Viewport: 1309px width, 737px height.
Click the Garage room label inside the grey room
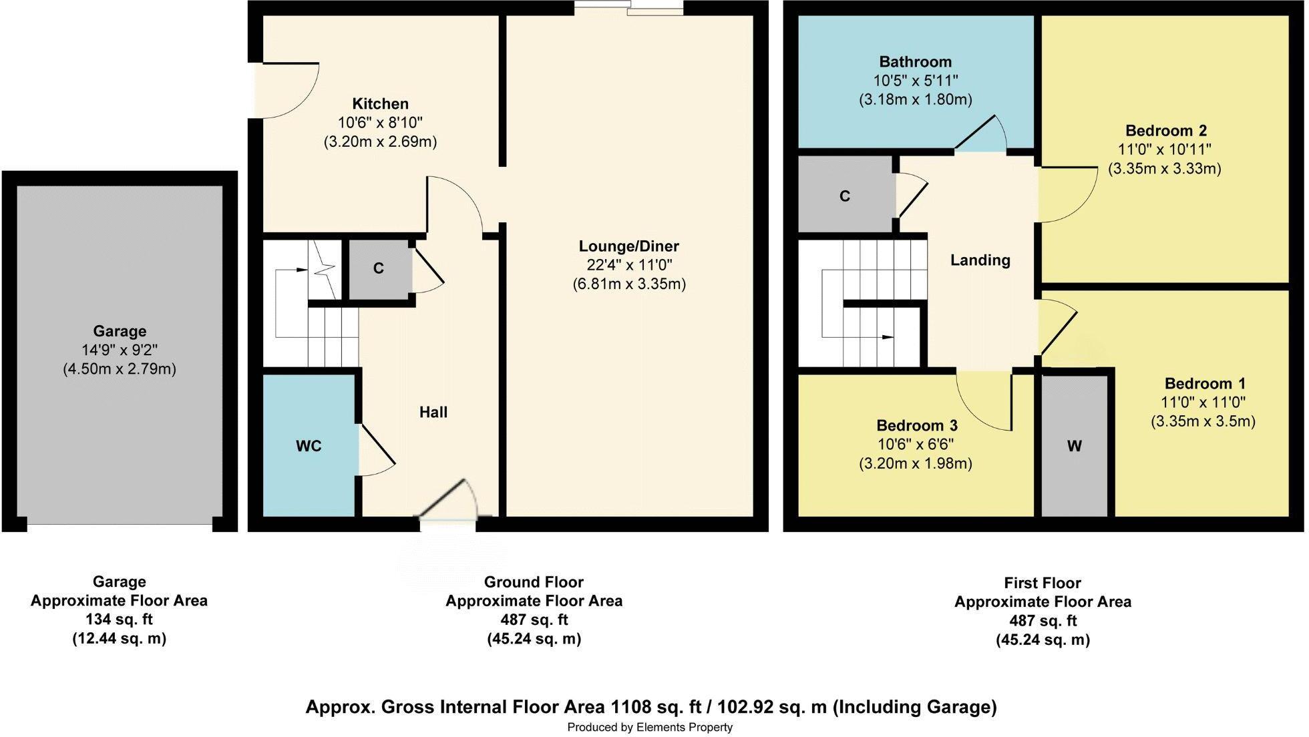pyautogui.click(x=120, y=331)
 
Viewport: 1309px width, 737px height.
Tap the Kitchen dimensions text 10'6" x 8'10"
pyautogui.click(x=380, y=123)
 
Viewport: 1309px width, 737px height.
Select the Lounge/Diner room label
pyautogui.click(x=628, y=246)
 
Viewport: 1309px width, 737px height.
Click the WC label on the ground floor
pyautogui.click(x=309, y=446)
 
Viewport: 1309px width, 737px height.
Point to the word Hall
pyautogui.click(x=433, y=413)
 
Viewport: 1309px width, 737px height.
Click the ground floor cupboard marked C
pyautogui.click(x=379, y=268)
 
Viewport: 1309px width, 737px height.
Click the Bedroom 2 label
pyautogui.click(x=1165, y=130)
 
